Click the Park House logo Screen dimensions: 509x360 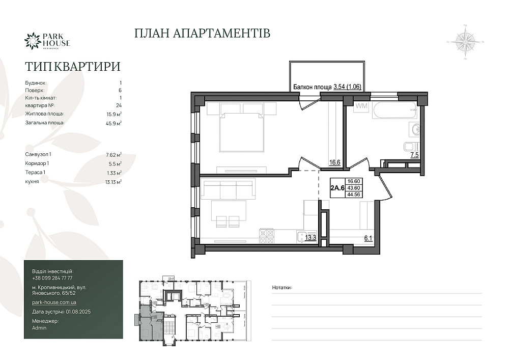click(x=47, y=41)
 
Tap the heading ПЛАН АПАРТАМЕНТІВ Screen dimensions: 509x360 click(x=202, y=34)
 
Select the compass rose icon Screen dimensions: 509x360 click(x=465, y=42)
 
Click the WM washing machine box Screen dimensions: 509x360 click(x=361, y=106)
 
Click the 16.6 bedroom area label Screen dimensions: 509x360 click(x=334, y=163)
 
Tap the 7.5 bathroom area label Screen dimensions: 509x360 click(x=415, y=155)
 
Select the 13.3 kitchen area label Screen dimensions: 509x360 click(x=310, y=236)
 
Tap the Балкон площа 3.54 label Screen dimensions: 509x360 click(x=327, y=87)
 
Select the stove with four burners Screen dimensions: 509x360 click(x=267, y=235)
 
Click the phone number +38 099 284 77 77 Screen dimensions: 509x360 click(x=52, y=278)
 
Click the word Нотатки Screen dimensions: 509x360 click(x=281, y=288)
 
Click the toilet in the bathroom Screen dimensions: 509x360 click(x=411, y=147)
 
